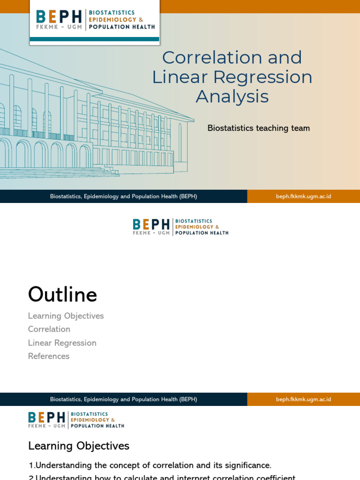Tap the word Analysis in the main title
click(x=232, y=97)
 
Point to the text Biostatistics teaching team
click(x=258, y=128)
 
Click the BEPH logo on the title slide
click(x=95, y=20)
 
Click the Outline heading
click(x=62, y=294)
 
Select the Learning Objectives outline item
click(x=66, y=316)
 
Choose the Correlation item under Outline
click(x=49, y=329)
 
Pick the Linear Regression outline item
click(x=62, y=343)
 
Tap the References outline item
click(x=49, y=356)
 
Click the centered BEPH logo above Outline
click(x=180, y=227)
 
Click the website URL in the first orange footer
click(x=303, y=196)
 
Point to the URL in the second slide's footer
click(x=303, y=399)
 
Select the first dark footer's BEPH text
click(x=123, y=196)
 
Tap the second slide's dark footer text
click(x=123, y=399)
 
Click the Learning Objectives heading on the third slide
click(x=79, y=446)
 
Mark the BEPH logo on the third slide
click(x=76, y=420)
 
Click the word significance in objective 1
click(x=246, y=465)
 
